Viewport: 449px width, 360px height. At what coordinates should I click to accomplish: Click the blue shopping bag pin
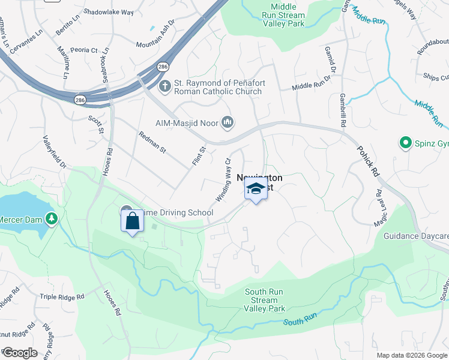point(133,221)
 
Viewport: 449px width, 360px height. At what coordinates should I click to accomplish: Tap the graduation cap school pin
point(256,189)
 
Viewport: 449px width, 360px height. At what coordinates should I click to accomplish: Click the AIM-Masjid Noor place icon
point(228,122)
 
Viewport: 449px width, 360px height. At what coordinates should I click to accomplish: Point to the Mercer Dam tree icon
point(53,219)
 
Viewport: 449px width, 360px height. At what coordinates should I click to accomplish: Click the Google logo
point(20,352)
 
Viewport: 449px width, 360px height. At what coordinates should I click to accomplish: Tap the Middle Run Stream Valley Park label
point(283,15)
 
